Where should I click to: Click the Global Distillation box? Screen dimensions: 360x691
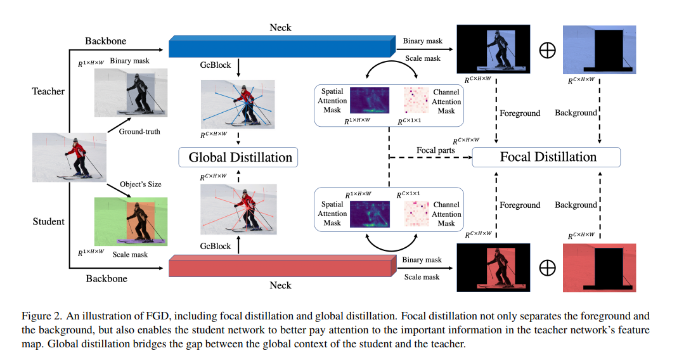[x=240, y=157]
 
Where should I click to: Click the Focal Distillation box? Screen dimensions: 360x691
[x=548, y=157]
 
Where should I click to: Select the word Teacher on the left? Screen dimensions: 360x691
[x=48, y=91]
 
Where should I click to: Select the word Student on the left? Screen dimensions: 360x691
[x=48, y=221]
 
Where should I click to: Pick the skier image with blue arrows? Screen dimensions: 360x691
[x=238, y=105]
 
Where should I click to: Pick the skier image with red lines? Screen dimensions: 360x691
[x=238, y=210]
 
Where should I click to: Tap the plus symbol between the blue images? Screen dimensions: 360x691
[x=546, y=51]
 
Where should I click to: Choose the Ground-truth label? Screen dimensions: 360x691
[x=139, y=132]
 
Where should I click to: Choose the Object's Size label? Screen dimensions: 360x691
[x=141, y=184]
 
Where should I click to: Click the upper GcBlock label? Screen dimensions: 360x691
[x=216, y=65]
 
